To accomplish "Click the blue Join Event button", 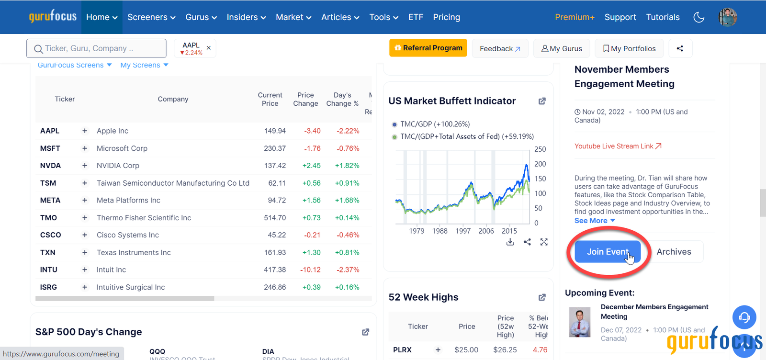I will tap(607, 252).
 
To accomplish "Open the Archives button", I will tap(674, 252).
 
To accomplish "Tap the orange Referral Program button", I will tap(428, 48).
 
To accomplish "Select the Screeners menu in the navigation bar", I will tap(151, 17).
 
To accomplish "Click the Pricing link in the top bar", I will tap(446, 17).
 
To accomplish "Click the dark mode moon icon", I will tap(699, 17).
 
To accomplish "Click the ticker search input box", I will tap(96, 48).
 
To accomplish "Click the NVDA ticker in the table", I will tap(50, 166).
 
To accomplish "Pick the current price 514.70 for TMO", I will tap(275, 218).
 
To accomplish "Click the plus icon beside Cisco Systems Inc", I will tap(85, 235).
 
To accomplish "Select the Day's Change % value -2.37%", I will tap(348, 270).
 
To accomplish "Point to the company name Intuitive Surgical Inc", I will tap(131, 287).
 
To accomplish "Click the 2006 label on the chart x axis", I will tap(486, 231).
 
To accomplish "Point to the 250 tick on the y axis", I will tap(540, 149).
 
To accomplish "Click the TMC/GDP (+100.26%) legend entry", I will tap(435, 124).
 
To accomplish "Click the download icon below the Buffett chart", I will tap(510, 242).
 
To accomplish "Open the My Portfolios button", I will tap(629, 48).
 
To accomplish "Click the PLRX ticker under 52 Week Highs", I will tap(402, 350).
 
